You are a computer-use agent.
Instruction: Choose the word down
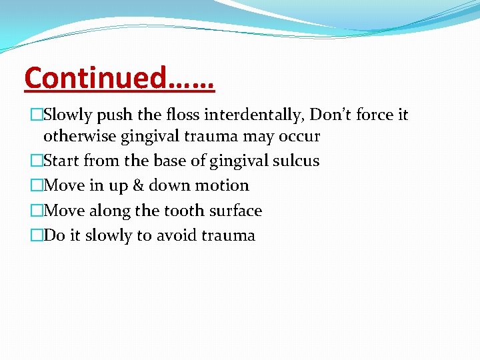coord(165,185)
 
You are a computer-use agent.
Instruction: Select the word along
coord(108,211)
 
